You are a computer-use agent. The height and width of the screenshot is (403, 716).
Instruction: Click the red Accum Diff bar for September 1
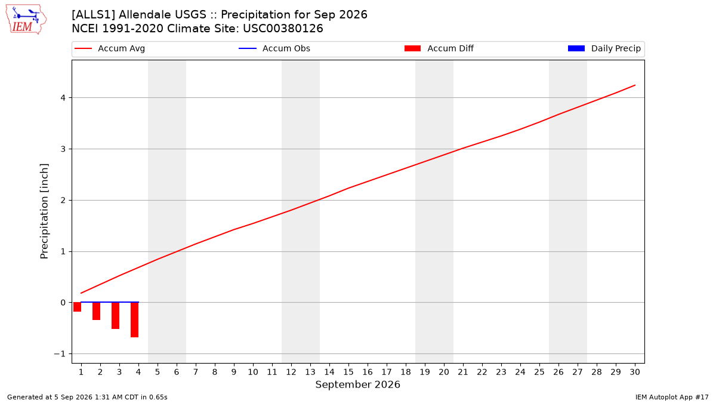(x=77, y=307)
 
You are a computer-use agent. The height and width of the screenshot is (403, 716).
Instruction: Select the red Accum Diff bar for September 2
(x=96, y=311)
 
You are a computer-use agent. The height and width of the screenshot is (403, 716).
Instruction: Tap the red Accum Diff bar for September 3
(x=115, y=316)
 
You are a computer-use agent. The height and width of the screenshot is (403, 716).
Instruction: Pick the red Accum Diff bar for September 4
(x=135, y=320)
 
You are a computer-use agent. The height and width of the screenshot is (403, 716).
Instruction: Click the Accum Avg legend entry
(x=110, y=48)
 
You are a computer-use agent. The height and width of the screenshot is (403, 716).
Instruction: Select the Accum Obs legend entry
(x=274, y=48)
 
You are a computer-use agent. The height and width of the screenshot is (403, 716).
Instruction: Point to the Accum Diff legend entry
(x=439, y=48)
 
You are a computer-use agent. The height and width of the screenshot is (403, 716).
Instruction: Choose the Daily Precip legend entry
(x=604, y=48)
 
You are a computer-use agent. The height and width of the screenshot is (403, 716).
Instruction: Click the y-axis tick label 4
(x=63, y=98)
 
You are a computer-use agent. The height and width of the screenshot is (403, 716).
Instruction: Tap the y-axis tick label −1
(x=60, y=354)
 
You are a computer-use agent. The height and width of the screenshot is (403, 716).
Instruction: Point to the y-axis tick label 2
(x=63, y=201)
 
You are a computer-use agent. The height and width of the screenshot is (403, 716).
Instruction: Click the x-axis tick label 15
(x=348, y=372)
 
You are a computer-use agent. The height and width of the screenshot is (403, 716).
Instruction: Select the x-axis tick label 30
(x=635, y=372)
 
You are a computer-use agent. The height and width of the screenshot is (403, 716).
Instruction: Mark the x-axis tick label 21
(x=463, y=372)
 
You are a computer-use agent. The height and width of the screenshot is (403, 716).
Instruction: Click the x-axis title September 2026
(x=357, y=384)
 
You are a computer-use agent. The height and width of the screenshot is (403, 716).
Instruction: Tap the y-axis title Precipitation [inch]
(x=44, y=211)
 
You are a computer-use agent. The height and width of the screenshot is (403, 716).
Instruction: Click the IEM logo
(x=26, y=20)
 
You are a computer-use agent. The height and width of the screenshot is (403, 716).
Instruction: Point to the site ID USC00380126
(x=283, y=29)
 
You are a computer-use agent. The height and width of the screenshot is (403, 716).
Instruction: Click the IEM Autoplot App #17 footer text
(x=672, y=397)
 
